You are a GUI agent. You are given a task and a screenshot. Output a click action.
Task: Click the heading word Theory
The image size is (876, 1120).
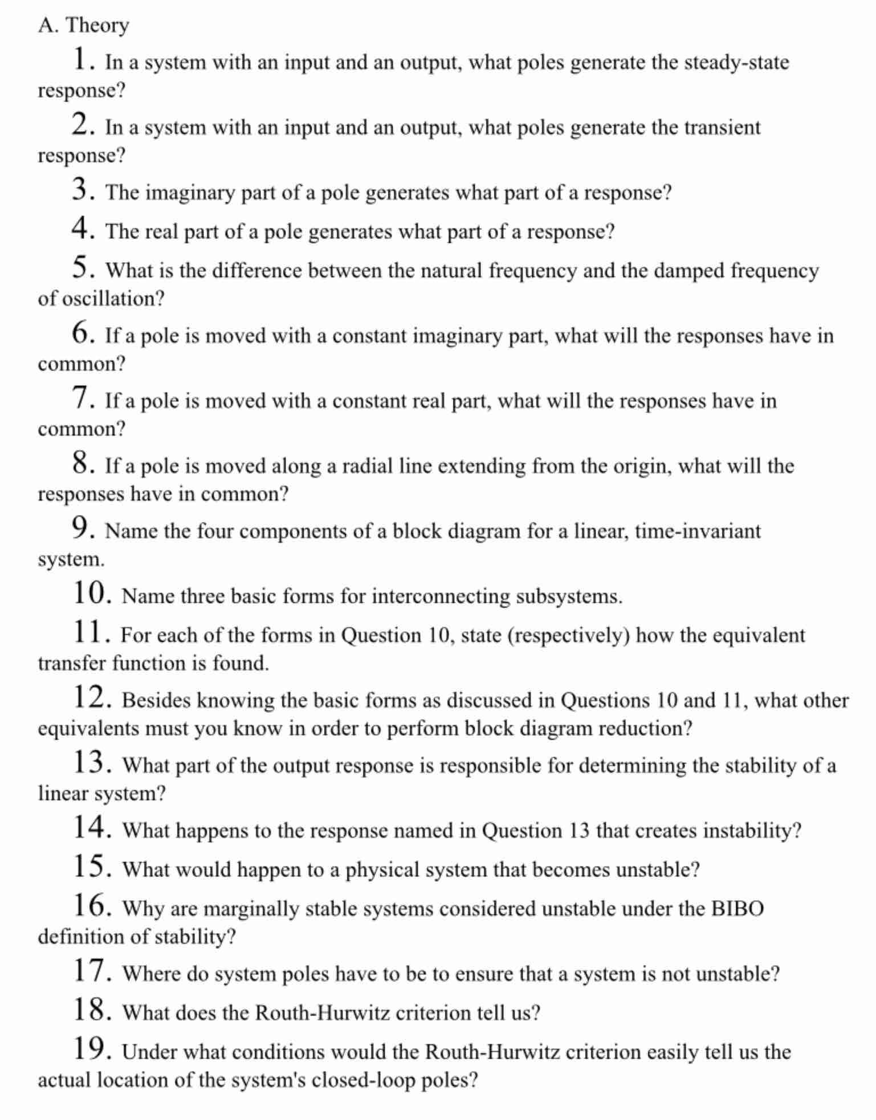click(97, 26)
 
